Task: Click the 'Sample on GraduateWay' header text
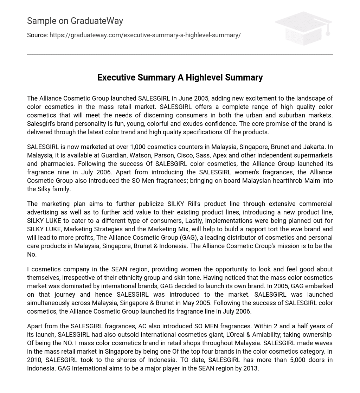pos(75,21)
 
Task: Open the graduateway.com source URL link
pos(145,35)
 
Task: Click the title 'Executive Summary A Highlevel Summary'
pos(180,77)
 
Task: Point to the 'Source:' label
pos(37,35)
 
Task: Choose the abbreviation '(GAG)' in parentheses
pos(188,238)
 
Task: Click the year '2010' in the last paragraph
pos(35,360)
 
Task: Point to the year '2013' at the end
pos(250,368)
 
